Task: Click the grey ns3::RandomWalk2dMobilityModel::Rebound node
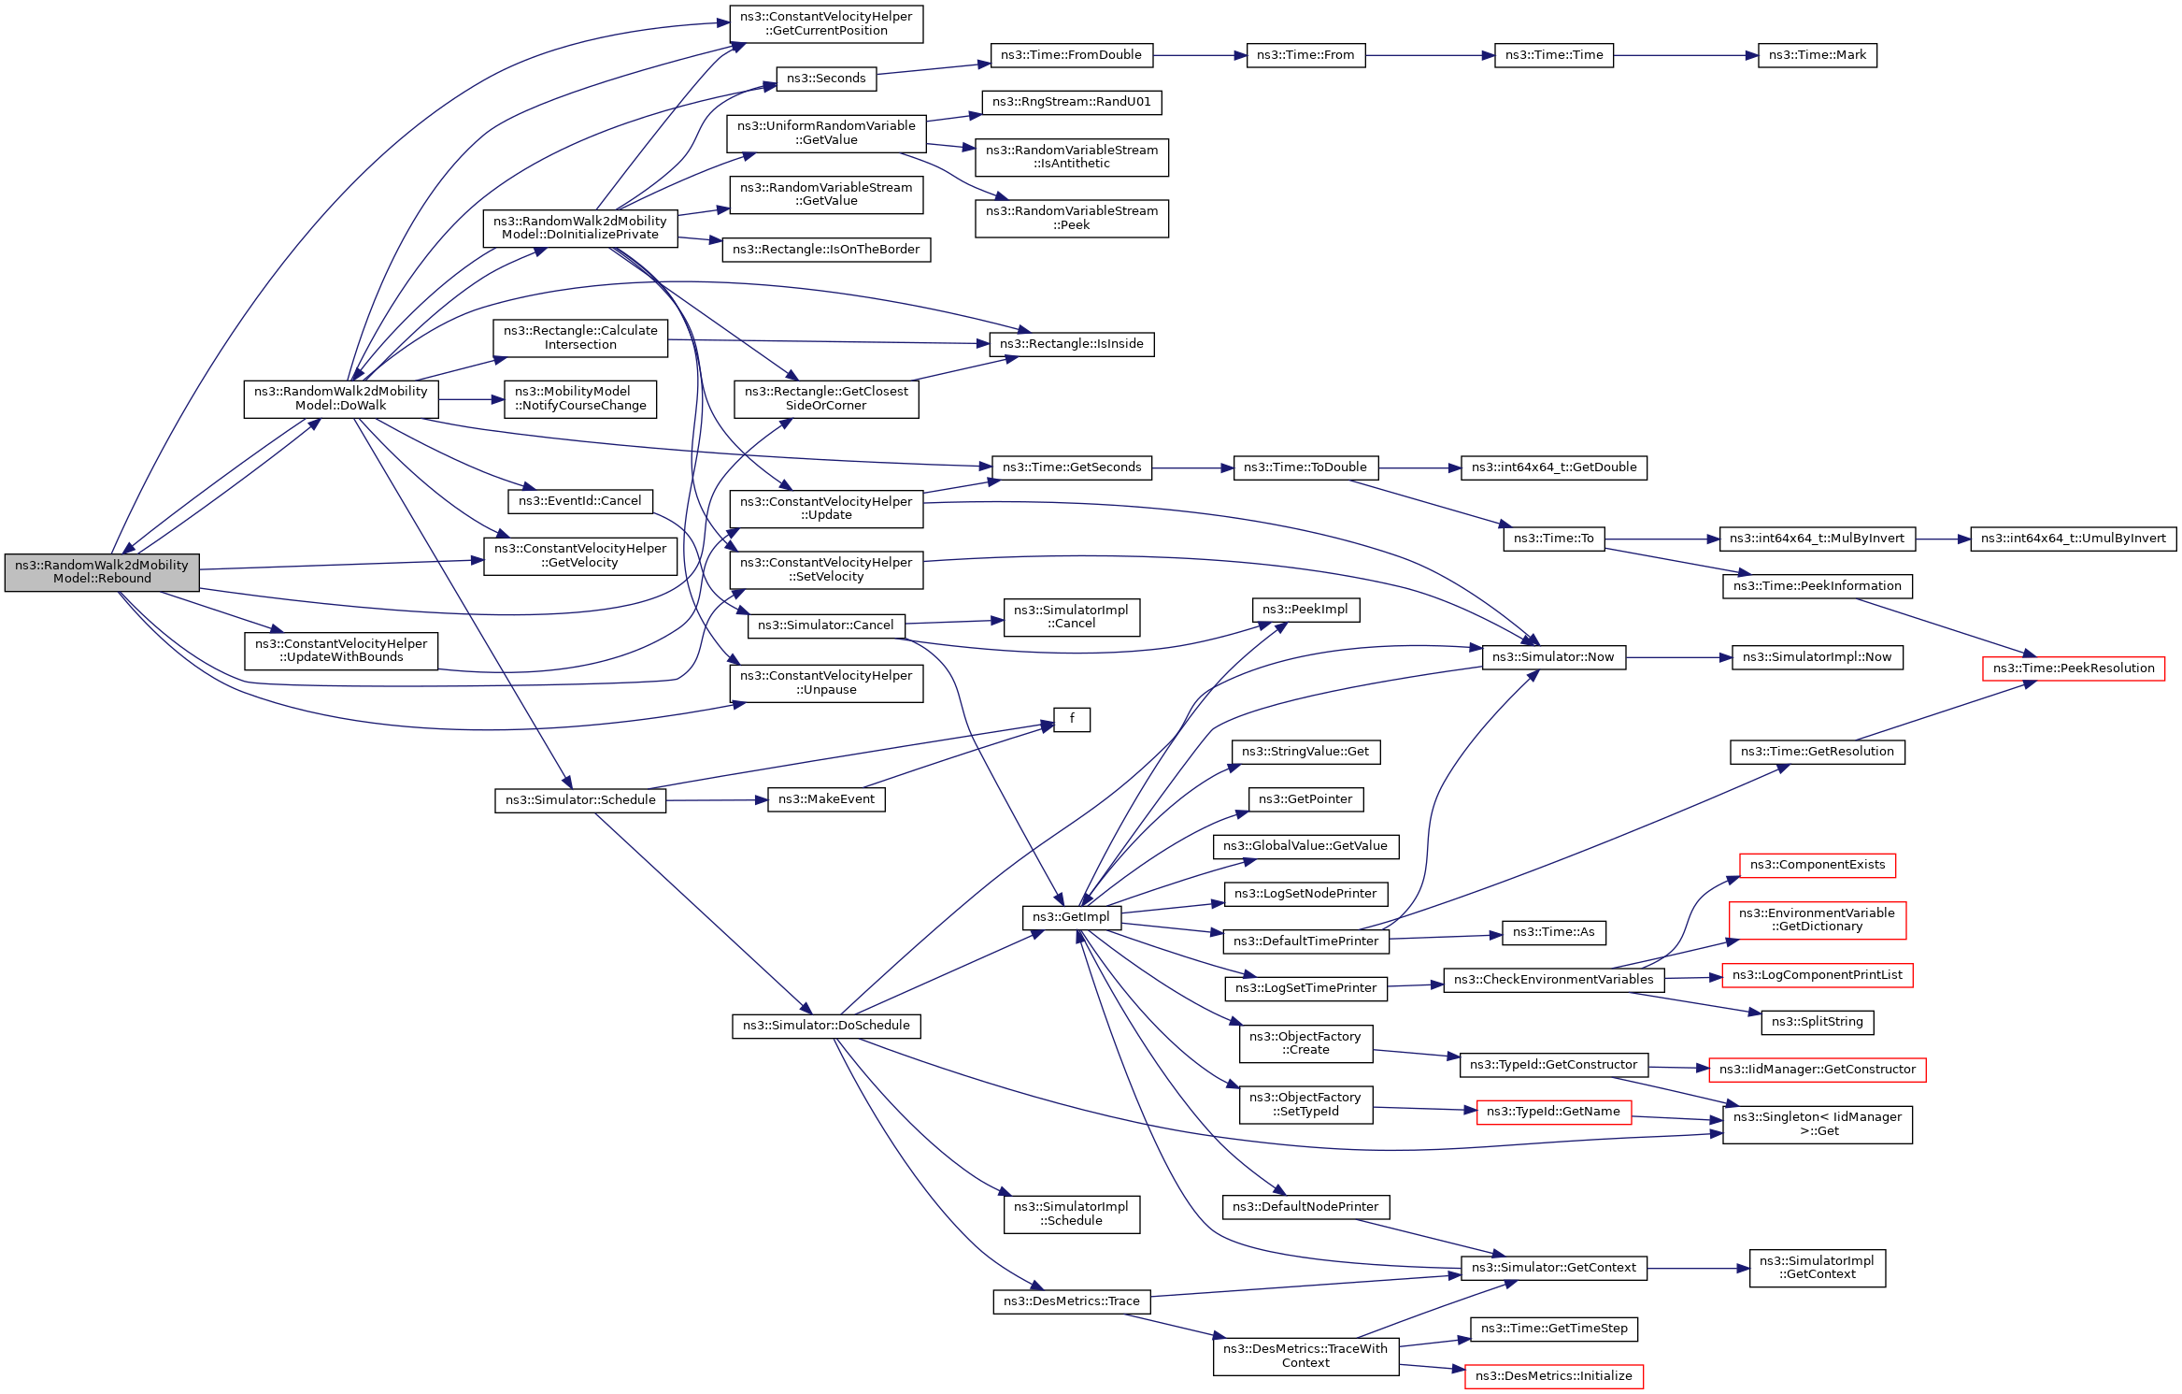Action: pyautogui.click(x=102, y=572)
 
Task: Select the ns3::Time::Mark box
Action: pyautogui.click(x=1817, y=55)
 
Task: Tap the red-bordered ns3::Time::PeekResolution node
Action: pyautogui.click(x=2073, y=668)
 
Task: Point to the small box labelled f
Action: pyautogui.click(x=1071, y=719)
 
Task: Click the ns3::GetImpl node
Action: pyautogui.click(x=1071, y=917)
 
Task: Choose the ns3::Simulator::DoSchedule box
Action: pyautogui.click(x=826, y=1026)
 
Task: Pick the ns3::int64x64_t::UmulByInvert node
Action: pyautogui.click(x=2073, y=539)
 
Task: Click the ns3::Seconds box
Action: pyautogui.click(x=826, y=79)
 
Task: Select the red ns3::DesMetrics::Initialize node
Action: pyautogui.click(x=1553, y=1376)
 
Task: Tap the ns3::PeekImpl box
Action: pyautogui.click(x=1305, y=610)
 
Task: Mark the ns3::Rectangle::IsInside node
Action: pyautogui.click(x=1071, y=344)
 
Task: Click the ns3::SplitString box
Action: pyautogui.click(x=1817, y=1022)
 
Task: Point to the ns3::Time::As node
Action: pyautogui.click(x=1553, y=932)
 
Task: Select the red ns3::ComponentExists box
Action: pyautogui.click(x=1817, y=865)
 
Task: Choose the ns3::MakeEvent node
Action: pyautogui.click(x=826, y=799)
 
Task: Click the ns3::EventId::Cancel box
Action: pyautogui.click(x=579, y=501)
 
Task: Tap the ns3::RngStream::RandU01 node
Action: pyautogui.click(x=1071, y=102)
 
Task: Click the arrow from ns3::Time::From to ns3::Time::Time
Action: pyautogui.click(x=1430, y=55)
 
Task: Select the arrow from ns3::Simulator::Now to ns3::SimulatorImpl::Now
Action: pyautogui.click(x=1678, y=657)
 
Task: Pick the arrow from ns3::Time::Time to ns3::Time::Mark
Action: pyautogui.click(x=1685, y=55)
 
